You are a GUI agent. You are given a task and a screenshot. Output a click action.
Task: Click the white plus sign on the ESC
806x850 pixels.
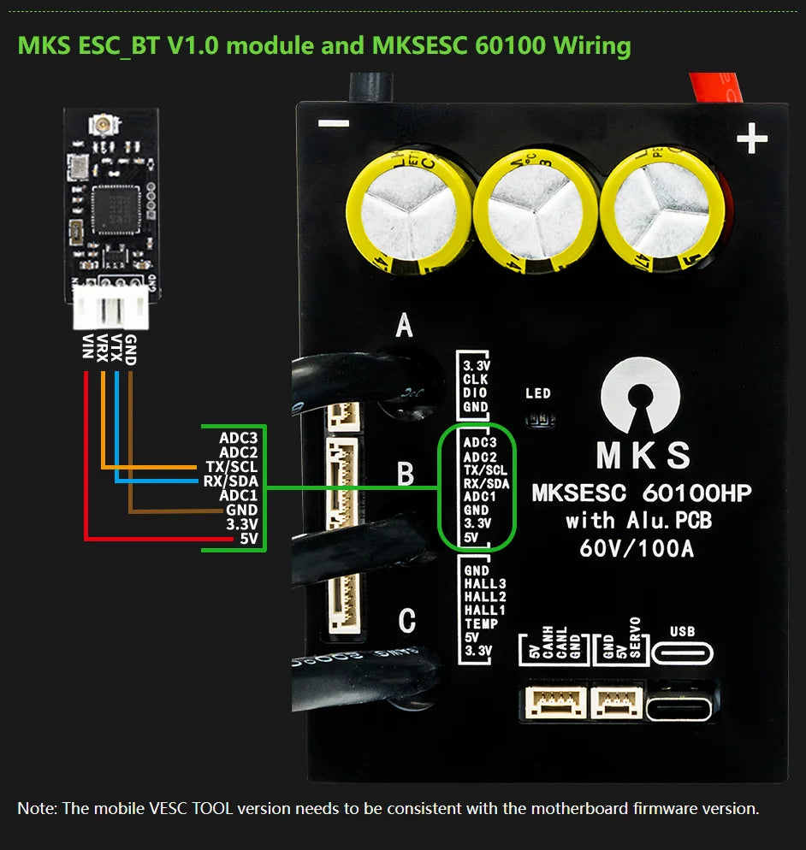coord(751,139)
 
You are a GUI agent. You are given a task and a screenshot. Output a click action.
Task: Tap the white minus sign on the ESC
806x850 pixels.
coord(333,124)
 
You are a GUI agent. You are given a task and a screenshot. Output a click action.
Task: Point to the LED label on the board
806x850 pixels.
coord(539,394)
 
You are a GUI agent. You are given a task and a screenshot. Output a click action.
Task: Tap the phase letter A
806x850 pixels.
coord(405,326)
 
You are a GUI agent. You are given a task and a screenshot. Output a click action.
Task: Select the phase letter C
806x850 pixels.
coord(407,619)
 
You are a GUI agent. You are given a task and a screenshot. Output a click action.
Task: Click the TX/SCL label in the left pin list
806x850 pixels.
coord(232,467)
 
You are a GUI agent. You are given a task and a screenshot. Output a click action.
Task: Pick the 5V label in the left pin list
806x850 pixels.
coord(248,539)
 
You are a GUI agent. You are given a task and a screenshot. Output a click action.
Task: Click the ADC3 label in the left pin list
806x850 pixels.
coord(238,438)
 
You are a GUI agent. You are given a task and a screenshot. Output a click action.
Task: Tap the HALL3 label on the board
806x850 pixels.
coord(485,584)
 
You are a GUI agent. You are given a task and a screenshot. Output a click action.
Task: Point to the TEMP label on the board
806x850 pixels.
coord(481,624)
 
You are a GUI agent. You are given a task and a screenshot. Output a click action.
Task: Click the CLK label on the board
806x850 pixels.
coord(476,379)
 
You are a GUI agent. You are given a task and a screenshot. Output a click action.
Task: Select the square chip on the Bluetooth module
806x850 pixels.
coord(109,204)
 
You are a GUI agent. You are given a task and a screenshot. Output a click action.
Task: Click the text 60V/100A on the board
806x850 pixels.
coord(637,548)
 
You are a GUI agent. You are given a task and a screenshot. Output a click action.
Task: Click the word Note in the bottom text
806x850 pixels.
coord(36,808)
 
